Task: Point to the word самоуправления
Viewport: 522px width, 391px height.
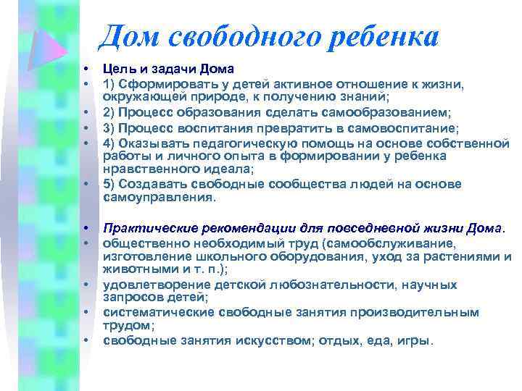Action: click(x=157, y=196)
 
